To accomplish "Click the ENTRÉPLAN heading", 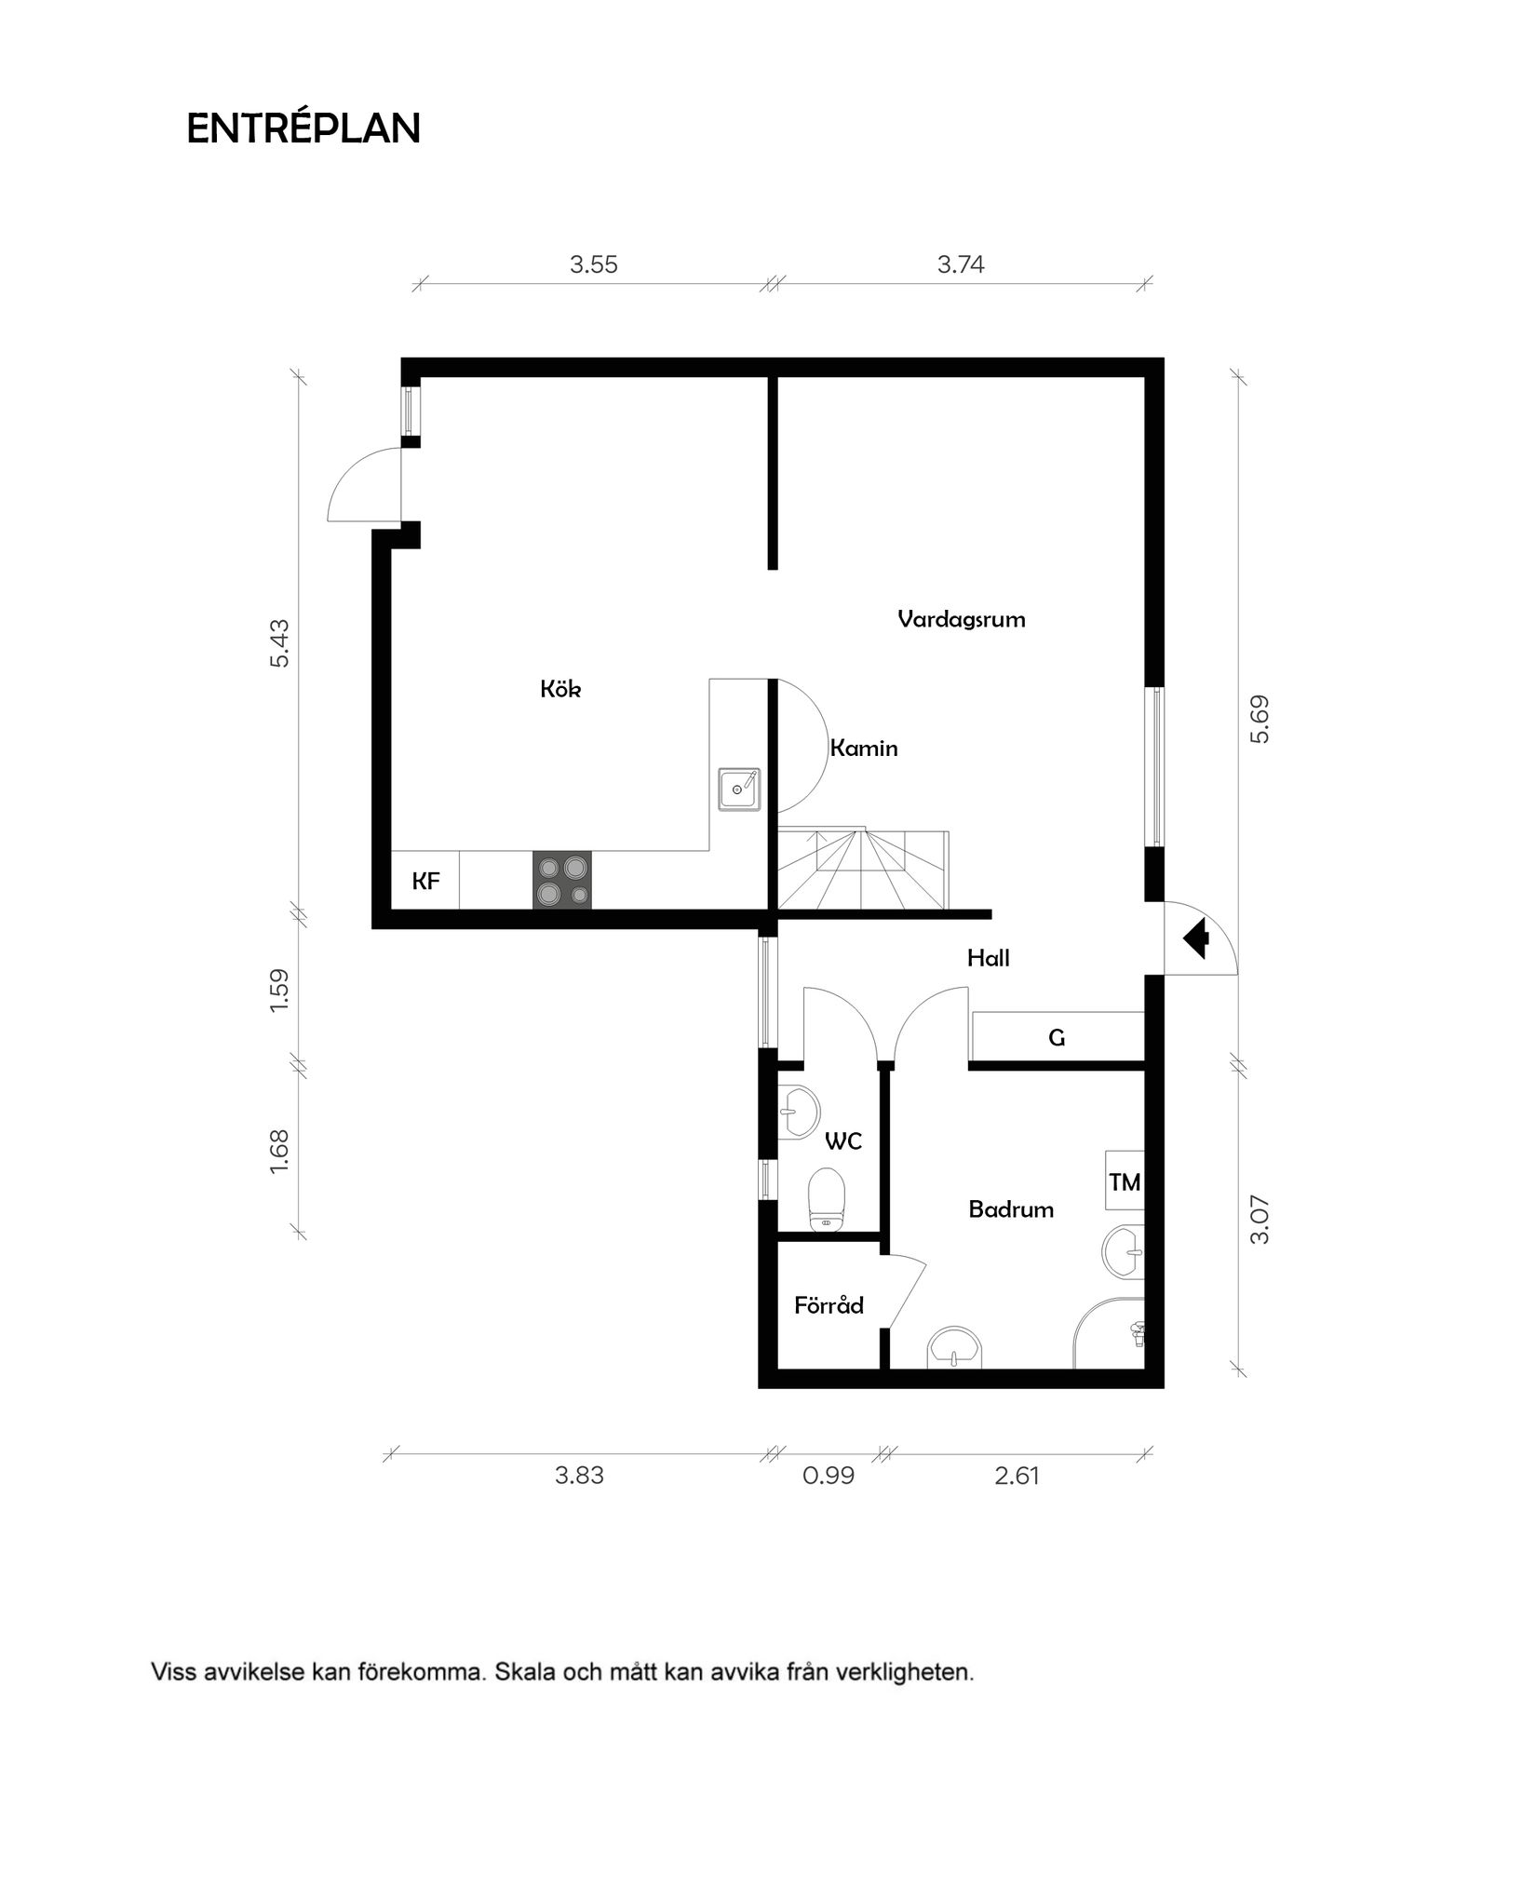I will (x=303, y=128).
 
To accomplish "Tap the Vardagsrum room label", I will (x=961, y=619).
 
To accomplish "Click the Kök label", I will (x=560, y=689).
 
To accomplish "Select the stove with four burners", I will (x=561, y=880).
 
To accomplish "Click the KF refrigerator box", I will (x=425, y=881).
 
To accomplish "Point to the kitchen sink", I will (x=738, y=789).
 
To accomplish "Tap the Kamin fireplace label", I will (x=863, y=748).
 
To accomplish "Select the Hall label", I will (x=988, y=958).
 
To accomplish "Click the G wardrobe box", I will (x=1057, y=1037).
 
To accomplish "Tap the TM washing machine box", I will (x=1125, y=1182).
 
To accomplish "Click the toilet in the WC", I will (x=826, y=1200).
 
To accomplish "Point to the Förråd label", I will (x=829, y=1306).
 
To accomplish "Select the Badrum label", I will (x=1011, y=1209).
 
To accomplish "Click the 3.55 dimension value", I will (x=594, y=265).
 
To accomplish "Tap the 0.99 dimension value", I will (x=828, y=1477).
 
